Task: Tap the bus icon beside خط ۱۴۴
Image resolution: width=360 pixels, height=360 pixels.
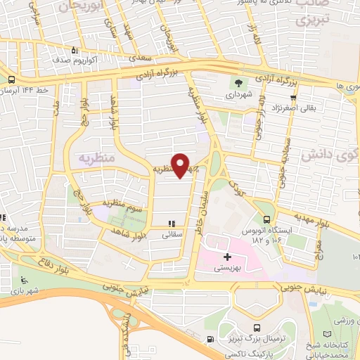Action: [x=12, y=80]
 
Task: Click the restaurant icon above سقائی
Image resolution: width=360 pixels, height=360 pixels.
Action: [x=172, y=224]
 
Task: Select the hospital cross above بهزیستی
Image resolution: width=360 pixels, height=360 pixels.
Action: [x=227, y=257]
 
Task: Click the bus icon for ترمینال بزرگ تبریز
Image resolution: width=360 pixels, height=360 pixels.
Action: [x=257, y=327]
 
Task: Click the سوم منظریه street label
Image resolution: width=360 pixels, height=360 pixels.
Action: [x=124, y=206]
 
